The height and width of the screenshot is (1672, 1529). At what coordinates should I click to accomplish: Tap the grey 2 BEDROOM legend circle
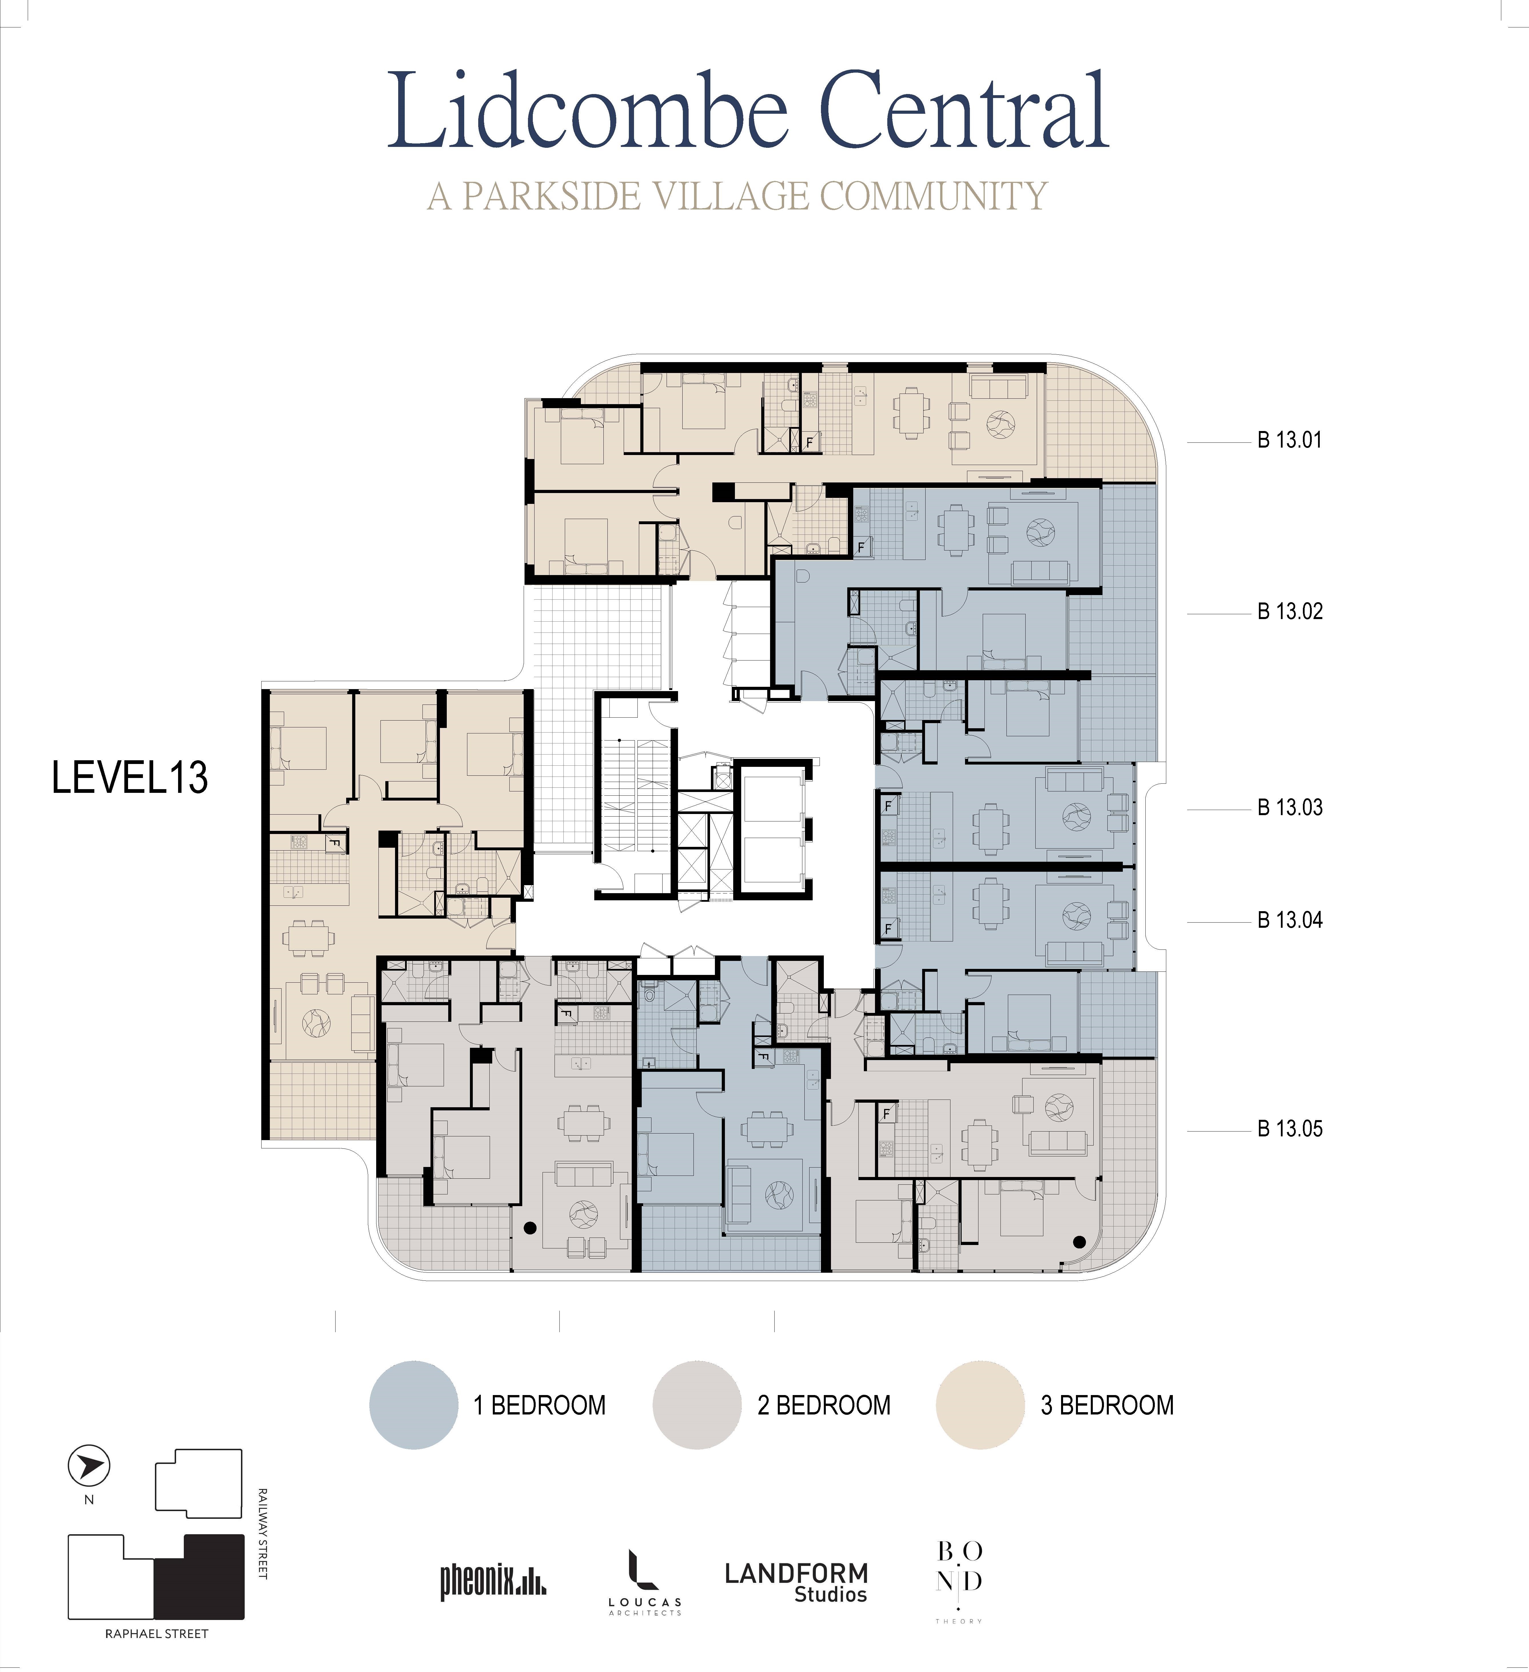(697, 1405)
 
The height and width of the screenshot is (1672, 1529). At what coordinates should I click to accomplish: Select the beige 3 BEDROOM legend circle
(980, 1405)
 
